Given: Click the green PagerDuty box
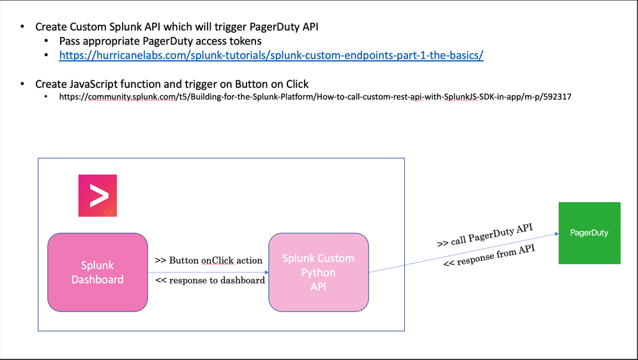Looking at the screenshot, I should [589, 233].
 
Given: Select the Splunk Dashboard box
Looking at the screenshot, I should [98, 273].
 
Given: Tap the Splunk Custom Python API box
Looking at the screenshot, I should [318, 273].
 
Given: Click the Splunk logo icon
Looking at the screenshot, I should [98, 195].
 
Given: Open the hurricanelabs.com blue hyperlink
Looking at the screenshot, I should [271, 56].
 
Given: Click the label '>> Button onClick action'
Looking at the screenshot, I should [208, 260].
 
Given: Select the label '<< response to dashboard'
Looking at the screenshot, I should [210, 280].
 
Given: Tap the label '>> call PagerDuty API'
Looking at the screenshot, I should [485, 234].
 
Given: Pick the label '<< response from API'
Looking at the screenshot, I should [489, 256].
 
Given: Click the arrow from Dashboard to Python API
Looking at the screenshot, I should [208, 272].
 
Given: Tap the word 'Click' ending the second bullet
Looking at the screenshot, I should [294, 84].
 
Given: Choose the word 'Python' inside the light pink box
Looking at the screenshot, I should [318, 273].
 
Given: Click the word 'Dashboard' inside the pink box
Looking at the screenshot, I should [98, 280].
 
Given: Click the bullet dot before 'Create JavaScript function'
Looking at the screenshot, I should [23, 84].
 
